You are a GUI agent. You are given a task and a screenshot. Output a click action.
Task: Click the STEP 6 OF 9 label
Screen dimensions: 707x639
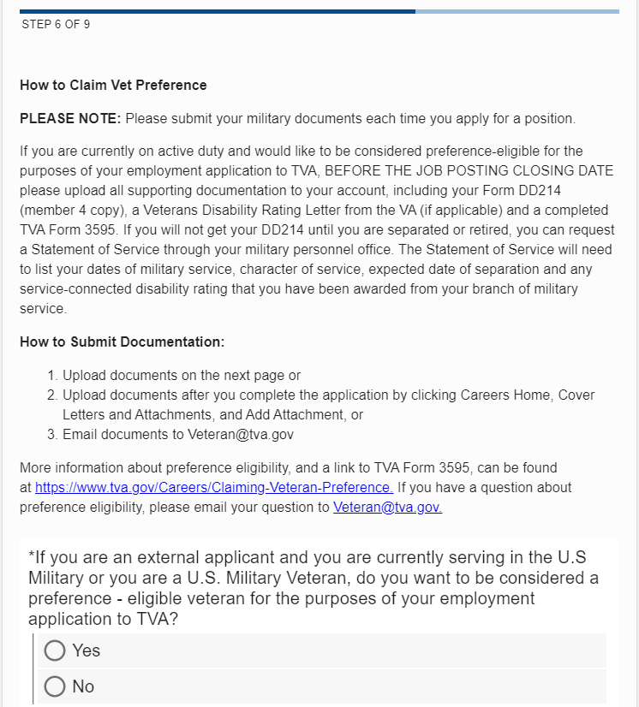pyautogui.click(x=55, y=25)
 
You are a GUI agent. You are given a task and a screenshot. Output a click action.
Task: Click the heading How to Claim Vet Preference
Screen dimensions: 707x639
pyautogui.click(x=113, y=86)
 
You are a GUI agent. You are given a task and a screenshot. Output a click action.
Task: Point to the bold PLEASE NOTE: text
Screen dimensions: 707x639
pyautogui.click(x=71, y=118)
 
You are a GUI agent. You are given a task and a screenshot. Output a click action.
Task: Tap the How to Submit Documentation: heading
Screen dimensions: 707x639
pyautogui.click(x=122, y=342)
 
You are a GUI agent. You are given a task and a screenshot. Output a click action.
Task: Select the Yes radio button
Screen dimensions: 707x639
pyautogui.click(x=55, y=651)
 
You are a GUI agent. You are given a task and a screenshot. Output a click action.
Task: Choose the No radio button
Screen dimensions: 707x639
pyautogui.click(x=55, y=686)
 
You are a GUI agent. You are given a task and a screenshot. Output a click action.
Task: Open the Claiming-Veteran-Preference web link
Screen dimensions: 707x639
pyautogui.click(x=213, y=488)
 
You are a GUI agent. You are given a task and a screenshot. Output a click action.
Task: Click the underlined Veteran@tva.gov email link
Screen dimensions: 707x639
pyautogui.click(x=387, y=507)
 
